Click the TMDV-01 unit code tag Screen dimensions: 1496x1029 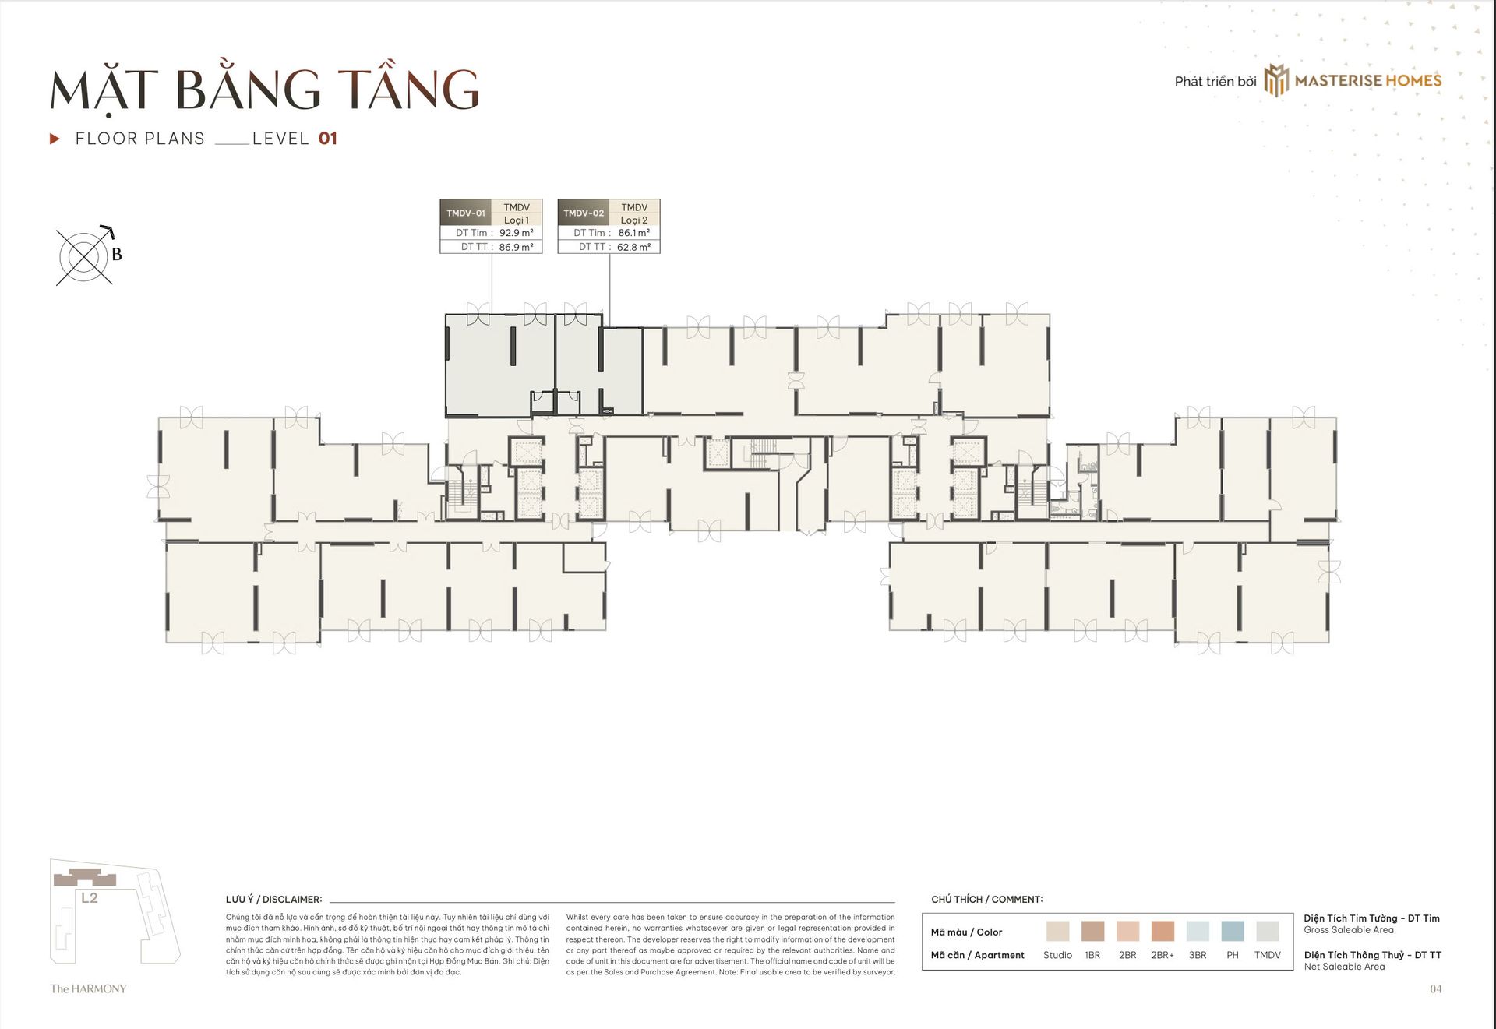tap(466, 213)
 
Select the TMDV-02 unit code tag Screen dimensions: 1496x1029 tap(584, 213)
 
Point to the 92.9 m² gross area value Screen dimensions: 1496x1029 tap(517, 233)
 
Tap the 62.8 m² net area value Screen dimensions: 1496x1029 tap(634, 247)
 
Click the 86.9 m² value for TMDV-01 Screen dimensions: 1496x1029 tap(517, 247)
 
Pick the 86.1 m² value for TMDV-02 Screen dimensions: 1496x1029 tap(634, 233)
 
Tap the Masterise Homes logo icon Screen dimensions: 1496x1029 tap(1275, 80)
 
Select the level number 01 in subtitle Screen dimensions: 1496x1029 tap(328, 139)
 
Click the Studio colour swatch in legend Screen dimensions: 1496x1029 tap(1057, 931)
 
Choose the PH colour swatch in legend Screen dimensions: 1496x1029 tap(1233, 931)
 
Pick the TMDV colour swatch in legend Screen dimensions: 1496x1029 tap(1268, 931)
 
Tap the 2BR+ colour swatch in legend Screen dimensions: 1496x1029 tap(1163, 931)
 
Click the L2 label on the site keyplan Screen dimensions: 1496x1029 tap(90, 898)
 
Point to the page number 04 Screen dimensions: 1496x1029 tap(1436, 989)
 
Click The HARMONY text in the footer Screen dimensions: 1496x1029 tap(88, 989)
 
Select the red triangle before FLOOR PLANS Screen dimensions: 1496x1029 tap(55, 139)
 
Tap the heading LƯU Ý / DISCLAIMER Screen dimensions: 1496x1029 tap(273, 900)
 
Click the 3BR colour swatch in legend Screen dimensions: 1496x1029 tap(1198, 931)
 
